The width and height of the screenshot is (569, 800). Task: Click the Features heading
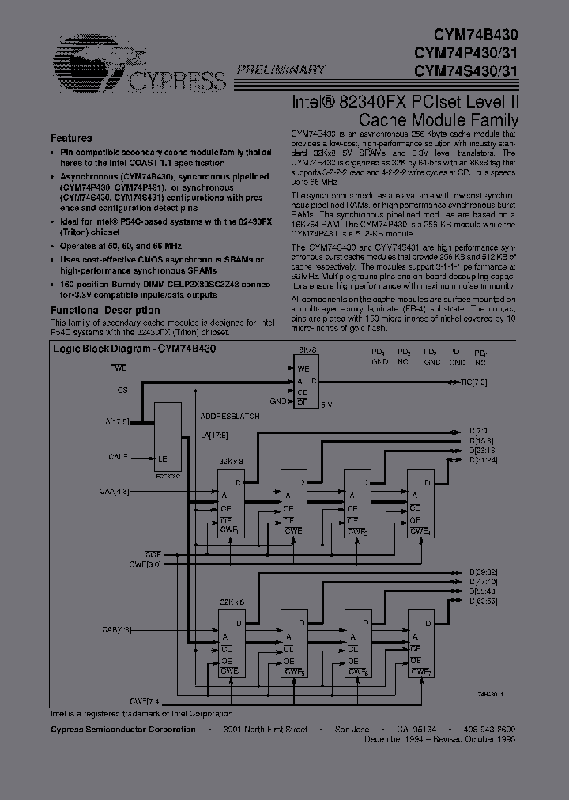coord(71,137)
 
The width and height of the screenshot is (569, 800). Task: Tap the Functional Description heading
coord(105,311)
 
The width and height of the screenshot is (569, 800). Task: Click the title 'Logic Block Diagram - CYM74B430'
coord(135,349)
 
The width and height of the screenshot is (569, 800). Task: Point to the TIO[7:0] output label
coord(478,383)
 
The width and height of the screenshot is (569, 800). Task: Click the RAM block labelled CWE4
coord(232,643)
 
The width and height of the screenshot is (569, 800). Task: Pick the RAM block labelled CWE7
coord(420,643)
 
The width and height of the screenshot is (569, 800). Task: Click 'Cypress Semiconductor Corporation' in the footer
coord(123,730)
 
